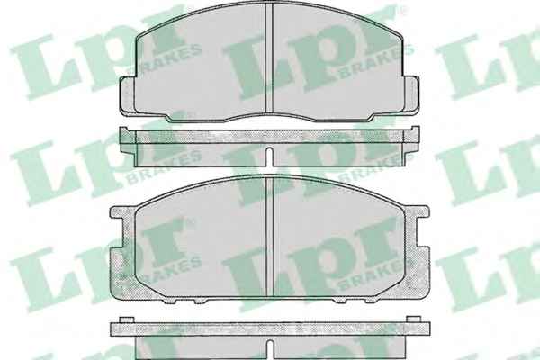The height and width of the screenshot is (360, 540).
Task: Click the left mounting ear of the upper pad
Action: tap(128, 95)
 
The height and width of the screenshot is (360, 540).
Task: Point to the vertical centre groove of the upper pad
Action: tap(269, 58)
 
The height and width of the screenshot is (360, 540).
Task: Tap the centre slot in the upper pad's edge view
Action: tap(270, 157)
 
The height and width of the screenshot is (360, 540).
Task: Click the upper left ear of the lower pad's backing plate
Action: tap(121, 212)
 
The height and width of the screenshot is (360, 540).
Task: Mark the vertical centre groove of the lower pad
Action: tap(270, 237)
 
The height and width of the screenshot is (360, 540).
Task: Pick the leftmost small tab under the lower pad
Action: tap(169, 301)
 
